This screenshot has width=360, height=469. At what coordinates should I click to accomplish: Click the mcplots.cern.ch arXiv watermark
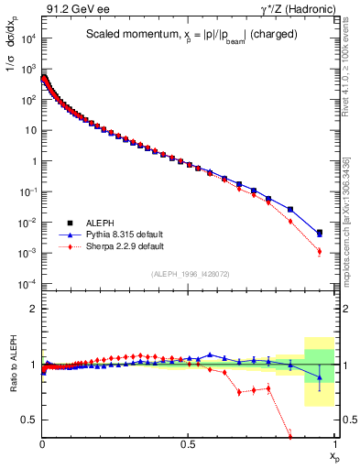pyautogui.click(x=354, y=211)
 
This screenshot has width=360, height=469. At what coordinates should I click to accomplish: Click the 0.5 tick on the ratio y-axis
pyautogui.click(x=27, y=420)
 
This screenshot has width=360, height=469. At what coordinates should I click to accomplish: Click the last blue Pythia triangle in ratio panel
pyautogui.click(x=320, y=377)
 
